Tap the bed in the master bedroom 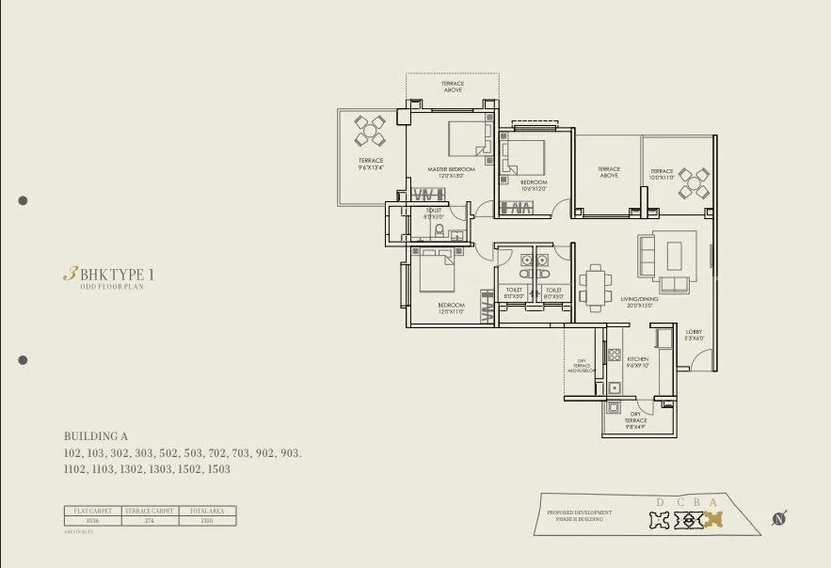469,138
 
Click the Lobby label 695,335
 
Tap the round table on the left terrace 370,131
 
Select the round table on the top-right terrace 695,183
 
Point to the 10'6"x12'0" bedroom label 534,184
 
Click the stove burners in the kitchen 615,355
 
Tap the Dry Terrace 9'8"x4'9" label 636,423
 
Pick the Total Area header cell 207,511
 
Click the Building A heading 95,436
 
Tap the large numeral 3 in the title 69,275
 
